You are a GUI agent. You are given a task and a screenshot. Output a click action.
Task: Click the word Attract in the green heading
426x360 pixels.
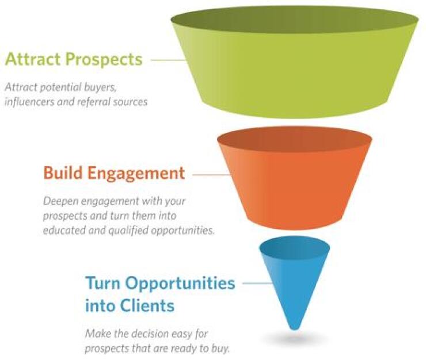tap(34, 59)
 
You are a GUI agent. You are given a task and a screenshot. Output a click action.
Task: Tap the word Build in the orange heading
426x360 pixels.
tap(62, 173)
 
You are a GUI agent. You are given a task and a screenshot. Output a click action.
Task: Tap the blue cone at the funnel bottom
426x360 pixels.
tap(294, 276)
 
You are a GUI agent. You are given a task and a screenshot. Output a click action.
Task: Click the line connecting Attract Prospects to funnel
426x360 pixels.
tap(168, 60)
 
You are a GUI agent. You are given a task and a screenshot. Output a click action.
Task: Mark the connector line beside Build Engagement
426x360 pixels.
tap(204, 173)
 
